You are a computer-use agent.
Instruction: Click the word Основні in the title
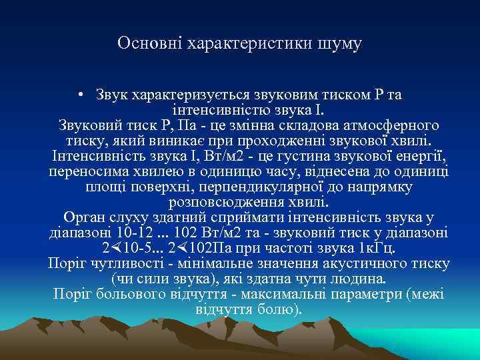(x=141, y=44)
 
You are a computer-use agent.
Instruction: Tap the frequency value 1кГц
(x=377, y=249)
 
